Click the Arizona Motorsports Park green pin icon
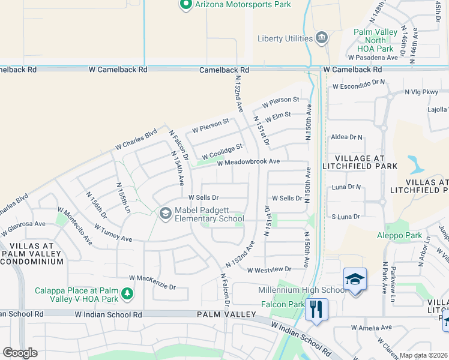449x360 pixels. coord(185,5)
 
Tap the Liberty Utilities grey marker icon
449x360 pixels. coord(322,38)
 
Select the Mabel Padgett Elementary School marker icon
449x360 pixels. coord(165,214)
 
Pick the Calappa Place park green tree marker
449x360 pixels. coord(127,293)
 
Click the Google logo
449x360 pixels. coord(20,352)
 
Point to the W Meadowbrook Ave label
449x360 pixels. coord(249,162)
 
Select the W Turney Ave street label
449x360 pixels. coord(113,233)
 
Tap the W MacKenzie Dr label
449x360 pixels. coord(152,283)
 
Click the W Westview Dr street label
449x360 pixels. coord(268,270)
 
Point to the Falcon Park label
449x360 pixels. coord(283,305)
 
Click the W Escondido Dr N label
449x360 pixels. coord(358,84)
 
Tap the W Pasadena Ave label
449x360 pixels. coord(373,58)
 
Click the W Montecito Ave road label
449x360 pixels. coord(76,227)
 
